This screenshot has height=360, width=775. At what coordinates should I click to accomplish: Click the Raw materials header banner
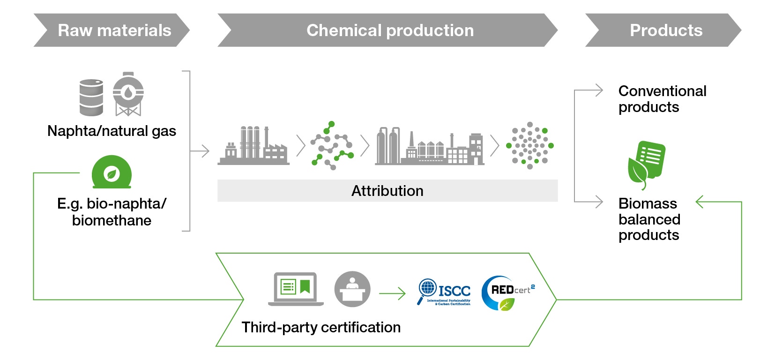112,30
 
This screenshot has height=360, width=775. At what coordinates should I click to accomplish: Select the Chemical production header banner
389,30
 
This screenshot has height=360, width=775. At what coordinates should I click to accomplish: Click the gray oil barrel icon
91,97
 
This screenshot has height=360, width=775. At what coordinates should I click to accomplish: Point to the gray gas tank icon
128,94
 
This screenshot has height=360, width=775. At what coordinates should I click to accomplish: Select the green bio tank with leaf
112,172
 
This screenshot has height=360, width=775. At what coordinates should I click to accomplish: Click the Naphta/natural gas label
112,131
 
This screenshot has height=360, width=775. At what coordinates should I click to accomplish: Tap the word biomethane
112,220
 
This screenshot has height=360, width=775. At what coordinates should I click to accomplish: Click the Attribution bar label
387,191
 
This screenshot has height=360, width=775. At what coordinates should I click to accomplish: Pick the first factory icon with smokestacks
253,146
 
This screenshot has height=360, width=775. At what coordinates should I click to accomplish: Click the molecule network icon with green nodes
332,146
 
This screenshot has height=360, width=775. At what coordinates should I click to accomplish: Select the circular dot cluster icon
530,146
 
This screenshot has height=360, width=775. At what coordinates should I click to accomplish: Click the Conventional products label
662,99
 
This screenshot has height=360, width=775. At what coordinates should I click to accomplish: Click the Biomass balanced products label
649,219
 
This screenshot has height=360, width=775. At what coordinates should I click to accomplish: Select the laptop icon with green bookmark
296,289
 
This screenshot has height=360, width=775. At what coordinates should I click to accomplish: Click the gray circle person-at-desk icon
352,289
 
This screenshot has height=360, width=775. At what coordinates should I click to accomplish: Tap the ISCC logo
444,292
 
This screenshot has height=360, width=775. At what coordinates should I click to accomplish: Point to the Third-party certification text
321,327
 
